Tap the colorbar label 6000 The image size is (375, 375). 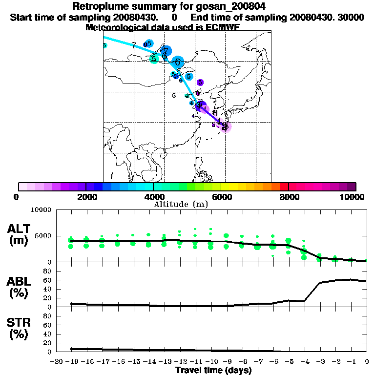tap(221, 197)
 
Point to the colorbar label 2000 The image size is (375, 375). tap(86, 197)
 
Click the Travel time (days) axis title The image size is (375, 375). tap(213, 370)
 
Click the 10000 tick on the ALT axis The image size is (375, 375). tap(41, 210)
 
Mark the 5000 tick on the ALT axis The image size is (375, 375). tap(43, 236)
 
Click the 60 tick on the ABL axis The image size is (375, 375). tap(48, 280)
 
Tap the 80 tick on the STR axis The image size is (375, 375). tap(48, 316)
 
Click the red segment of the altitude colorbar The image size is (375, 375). tap(283, 187)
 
